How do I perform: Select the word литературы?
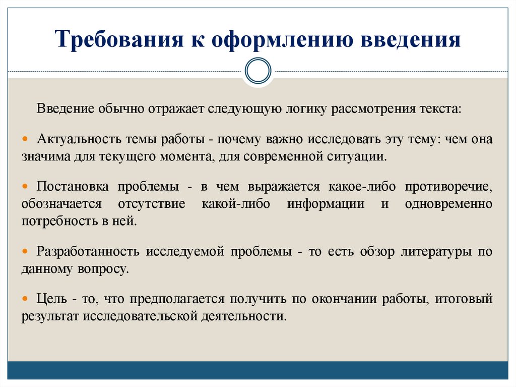pos(436,251)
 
